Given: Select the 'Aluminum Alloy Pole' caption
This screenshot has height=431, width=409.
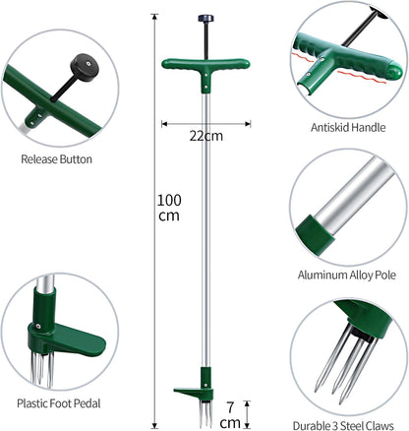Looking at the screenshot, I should coord(349,278).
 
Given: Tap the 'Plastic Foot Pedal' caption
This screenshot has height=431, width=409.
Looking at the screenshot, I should coord(57,402).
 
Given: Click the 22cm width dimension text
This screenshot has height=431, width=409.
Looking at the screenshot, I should coord(204,137).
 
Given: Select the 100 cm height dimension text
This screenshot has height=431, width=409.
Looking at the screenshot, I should coord(169,208).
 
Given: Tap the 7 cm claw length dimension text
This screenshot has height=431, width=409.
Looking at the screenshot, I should coord(229,413).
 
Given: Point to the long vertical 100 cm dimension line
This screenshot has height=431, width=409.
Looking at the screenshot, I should coord(154,295).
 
